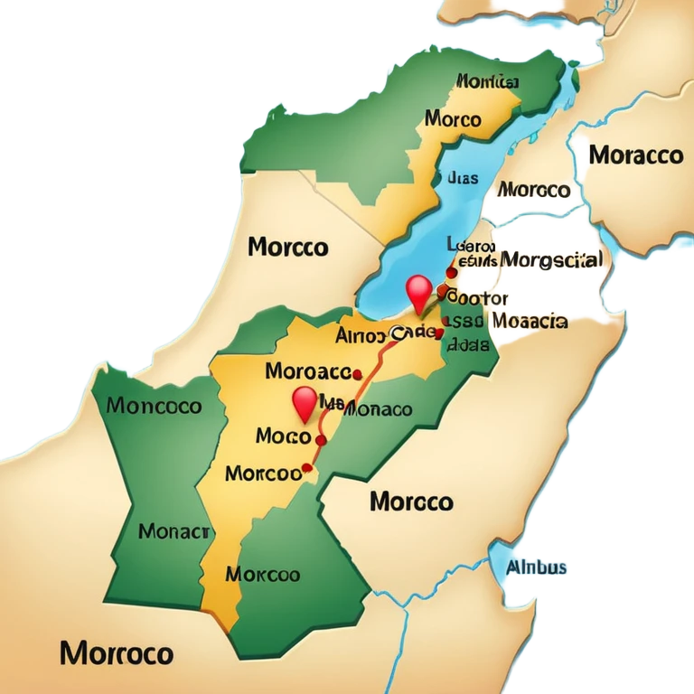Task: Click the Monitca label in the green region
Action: click(x=487, y=82)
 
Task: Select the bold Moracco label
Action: click(x=635, y=155)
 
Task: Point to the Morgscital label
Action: click(x=550, y=260)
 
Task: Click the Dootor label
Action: click(x=478, y=297)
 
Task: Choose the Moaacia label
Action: click(x=529, y=321)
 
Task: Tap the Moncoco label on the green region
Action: click(x=154, y=406)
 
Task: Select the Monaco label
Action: click(x=379, y=409)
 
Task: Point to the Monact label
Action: click(x=174, y=531)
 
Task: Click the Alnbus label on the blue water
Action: click(x=536, y=568)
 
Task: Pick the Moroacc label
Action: click(x=308, y=370)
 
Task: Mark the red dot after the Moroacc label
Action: click(x=357, y=373)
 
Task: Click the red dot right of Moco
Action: click(x=320, y=439)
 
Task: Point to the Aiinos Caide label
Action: click(x=384, y=335)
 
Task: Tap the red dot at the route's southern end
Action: click(x=306, y=468)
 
